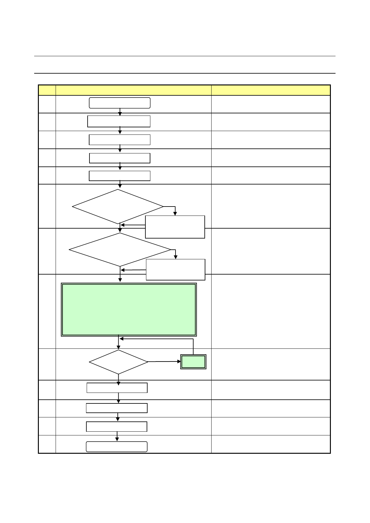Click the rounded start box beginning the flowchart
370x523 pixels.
click(120, 103)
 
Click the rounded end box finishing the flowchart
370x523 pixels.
click(116, 447)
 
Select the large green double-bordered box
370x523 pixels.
click(129, 310)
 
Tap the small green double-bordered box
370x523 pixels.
click(193, 362)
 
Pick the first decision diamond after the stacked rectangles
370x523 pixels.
click(118, 207)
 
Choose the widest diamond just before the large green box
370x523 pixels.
click(120, 250)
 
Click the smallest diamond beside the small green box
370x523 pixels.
click(118, 362)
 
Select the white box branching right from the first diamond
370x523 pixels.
click(175, 227)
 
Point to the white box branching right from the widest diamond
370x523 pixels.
click(176, 270)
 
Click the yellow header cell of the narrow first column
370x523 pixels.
click(47, 90)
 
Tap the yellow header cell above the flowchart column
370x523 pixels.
click(134, 90)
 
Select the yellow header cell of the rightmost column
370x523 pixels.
click(271, 90)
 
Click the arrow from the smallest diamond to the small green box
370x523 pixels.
click(164, 362)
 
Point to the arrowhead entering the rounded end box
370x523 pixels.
click(117, 439)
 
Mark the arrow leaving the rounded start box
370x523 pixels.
click(120, 112)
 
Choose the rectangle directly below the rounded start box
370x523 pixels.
click(119, 121)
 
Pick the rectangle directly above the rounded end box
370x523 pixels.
click(116, 427)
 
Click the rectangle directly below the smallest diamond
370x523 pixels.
click(117, 388)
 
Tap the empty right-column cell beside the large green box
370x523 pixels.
click(271, 311)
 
